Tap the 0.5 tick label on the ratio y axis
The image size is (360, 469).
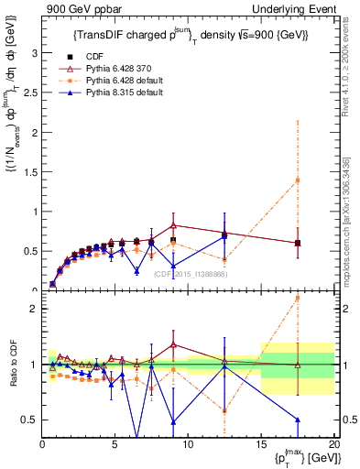coord(30,420)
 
